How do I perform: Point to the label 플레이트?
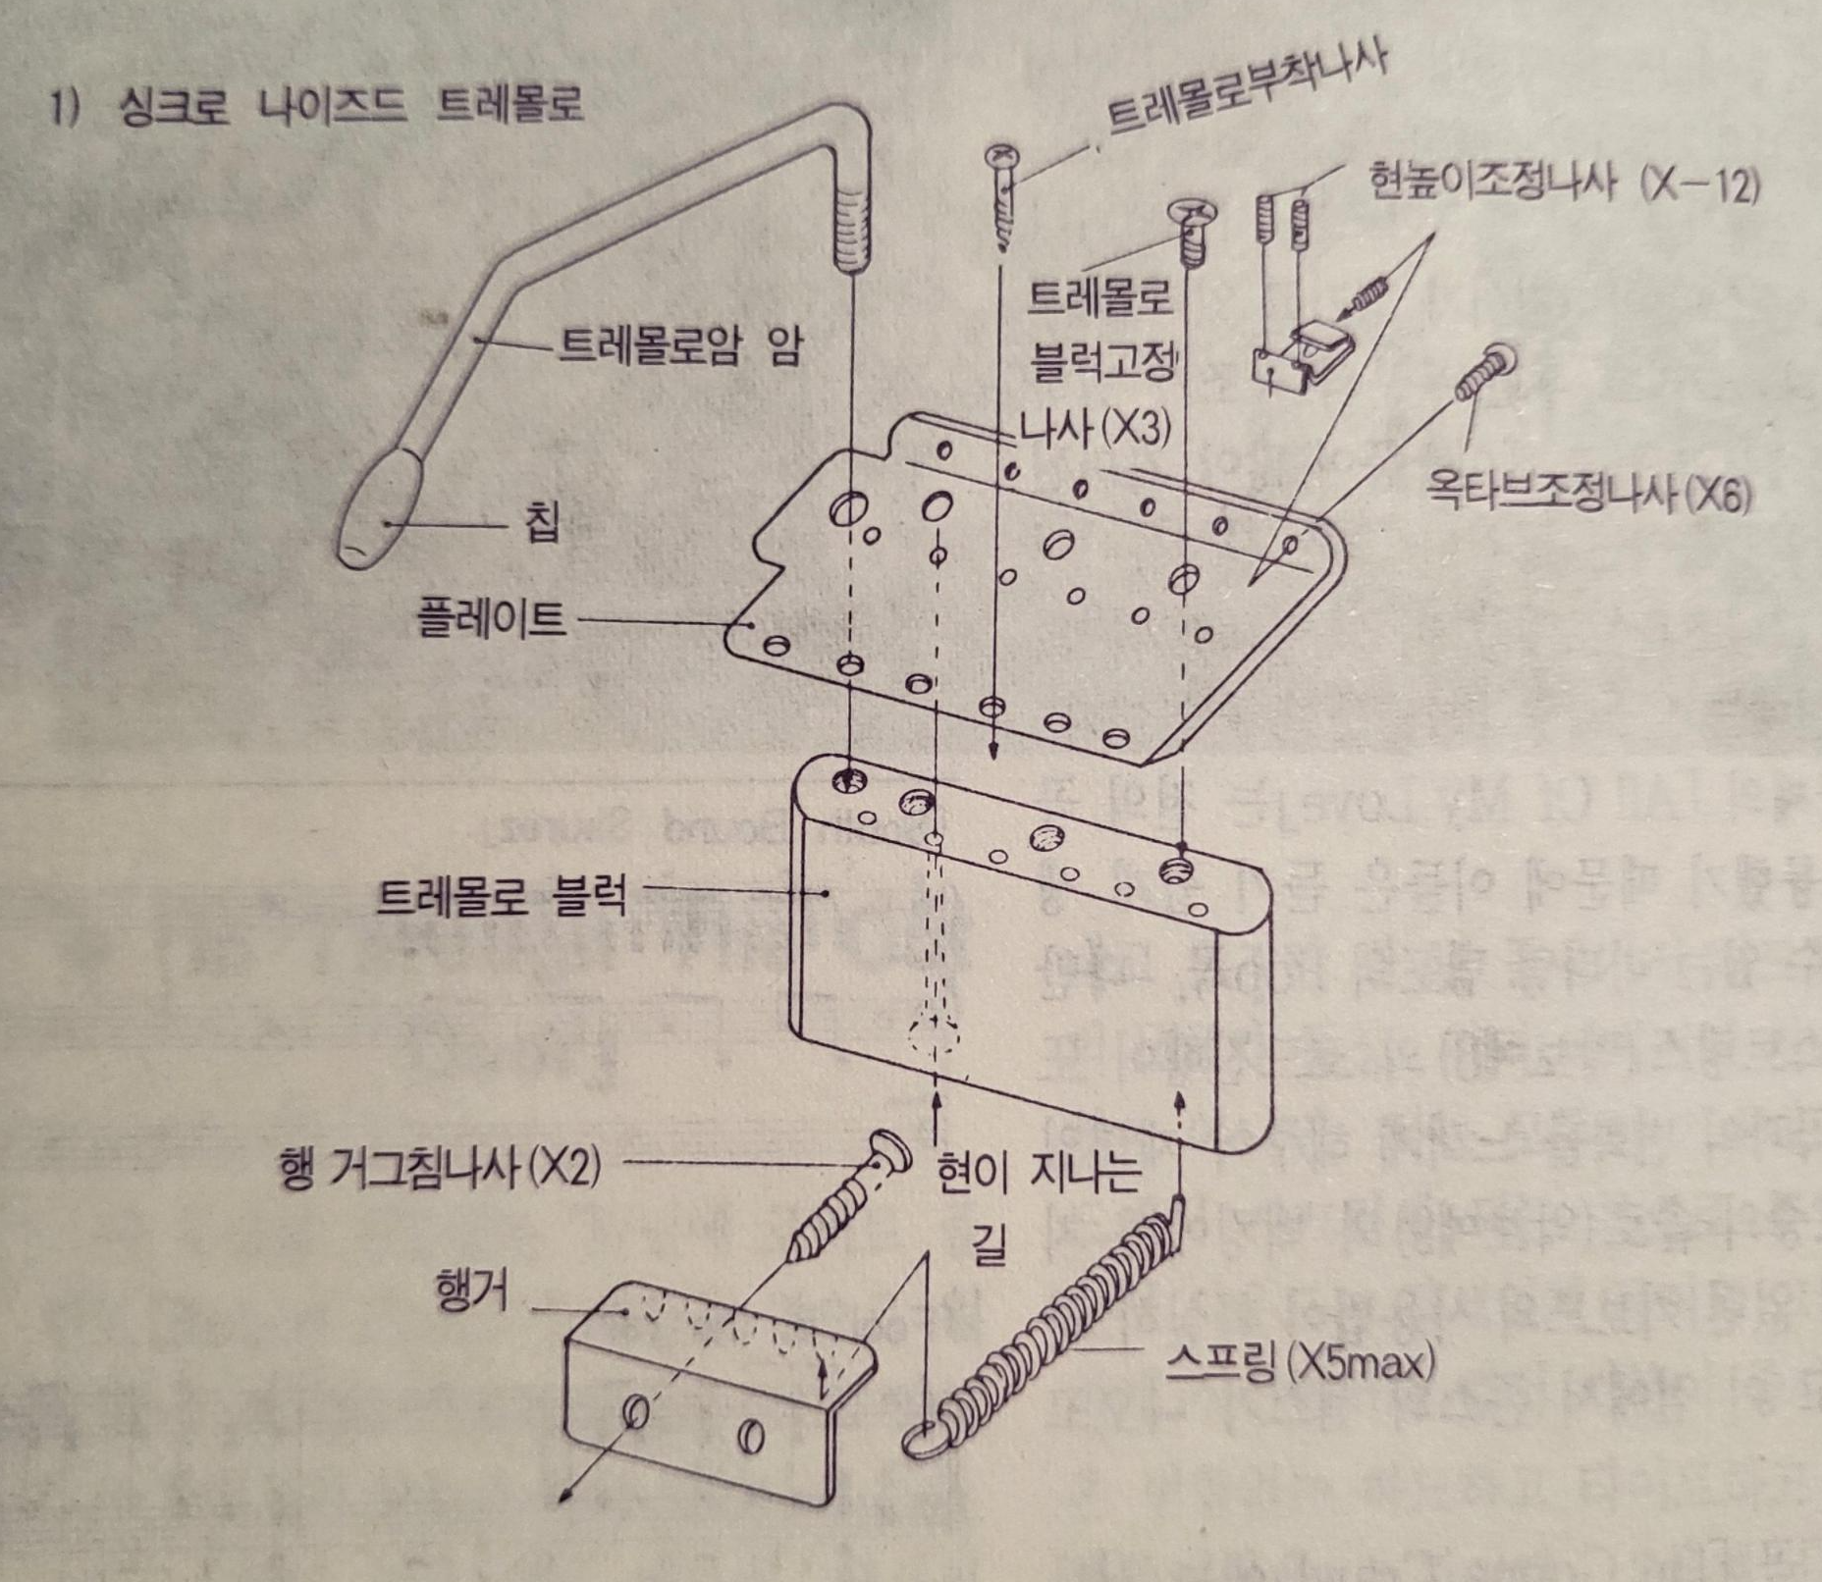point(491,619)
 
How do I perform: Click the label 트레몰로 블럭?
point(501,896)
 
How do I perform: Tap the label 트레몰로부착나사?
point(1247,88)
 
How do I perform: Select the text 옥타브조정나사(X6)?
point(1587,496)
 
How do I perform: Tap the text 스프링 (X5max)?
point(1301,1363)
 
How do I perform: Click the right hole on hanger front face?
point(751,1436)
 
